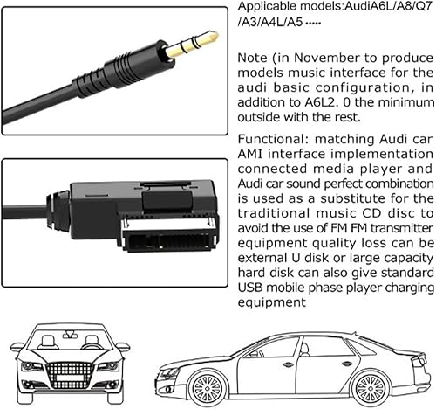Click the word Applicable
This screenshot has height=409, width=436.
click(263, 6)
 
